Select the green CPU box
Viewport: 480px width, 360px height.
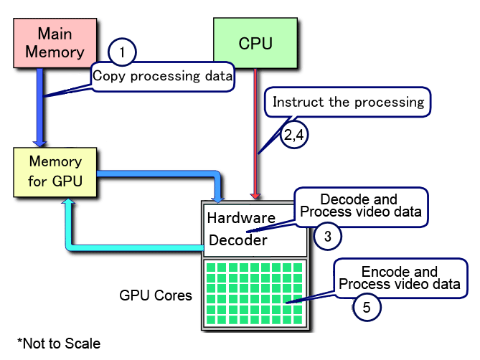(x=255, y=43)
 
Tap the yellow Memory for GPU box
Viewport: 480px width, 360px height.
(x=55, y=171)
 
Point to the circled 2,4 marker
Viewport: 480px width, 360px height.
(x=293, y=133)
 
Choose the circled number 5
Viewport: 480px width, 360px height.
(x=367, y=308)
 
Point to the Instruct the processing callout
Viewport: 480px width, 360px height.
(x=349, y=102)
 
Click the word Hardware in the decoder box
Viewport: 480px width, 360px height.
(x=241, y=217)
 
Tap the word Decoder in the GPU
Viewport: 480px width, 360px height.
(x=238, y=240)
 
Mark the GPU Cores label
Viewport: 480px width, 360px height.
(x=156, y=295)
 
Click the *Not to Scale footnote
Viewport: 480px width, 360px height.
(x=59, y=343)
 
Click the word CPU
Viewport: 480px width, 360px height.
(x=255, y=43)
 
